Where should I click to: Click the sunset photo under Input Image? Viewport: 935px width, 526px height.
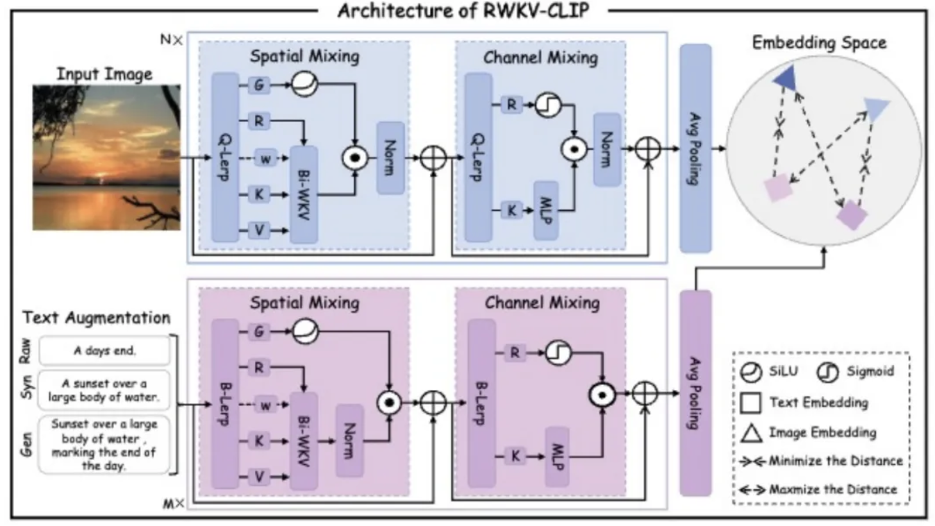click(106, 159)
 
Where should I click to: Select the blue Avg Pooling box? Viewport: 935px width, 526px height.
click(695, 148)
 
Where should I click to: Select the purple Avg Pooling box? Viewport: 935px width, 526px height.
click(695, 393)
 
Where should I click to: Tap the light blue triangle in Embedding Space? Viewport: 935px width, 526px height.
click(877, 108)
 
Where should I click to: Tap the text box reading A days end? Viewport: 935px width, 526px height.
click(105, 351)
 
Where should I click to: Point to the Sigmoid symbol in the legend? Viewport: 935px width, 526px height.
click(827, 371)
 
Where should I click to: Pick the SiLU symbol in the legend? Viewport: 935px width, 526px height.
click(752, 371)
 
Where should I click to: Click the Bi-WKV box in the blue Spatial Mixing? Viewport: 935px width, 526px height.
click(304, 194)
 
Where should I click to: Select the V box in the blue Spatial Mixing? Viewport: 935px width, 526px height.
click(259, 230)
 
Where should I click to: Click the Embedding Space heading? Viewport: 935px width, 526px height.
click(819, 42)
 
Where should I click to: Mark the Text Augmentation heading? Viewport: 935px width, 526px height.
click(96, 318)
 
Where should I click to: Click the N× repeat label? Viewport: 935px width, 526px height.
click(170, 40)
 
